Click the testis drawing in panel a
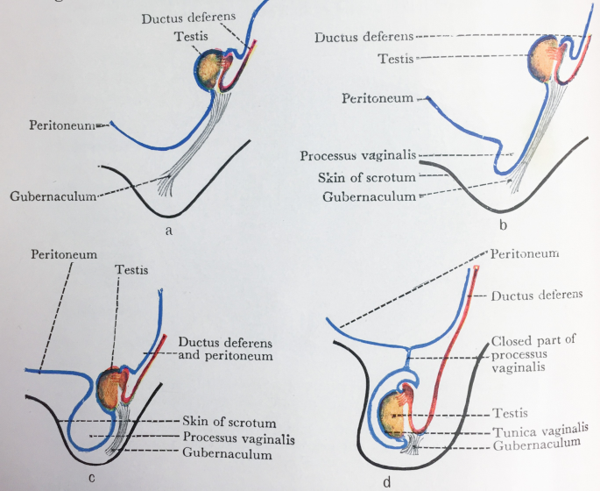[210, 68]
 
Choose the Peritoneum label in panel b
[378, 100]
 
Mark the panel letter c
[92, 477]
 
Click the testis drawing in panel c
[112, 388]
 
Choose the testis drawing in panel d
[396, 415]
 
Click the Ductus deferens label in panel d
[534, 295]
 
